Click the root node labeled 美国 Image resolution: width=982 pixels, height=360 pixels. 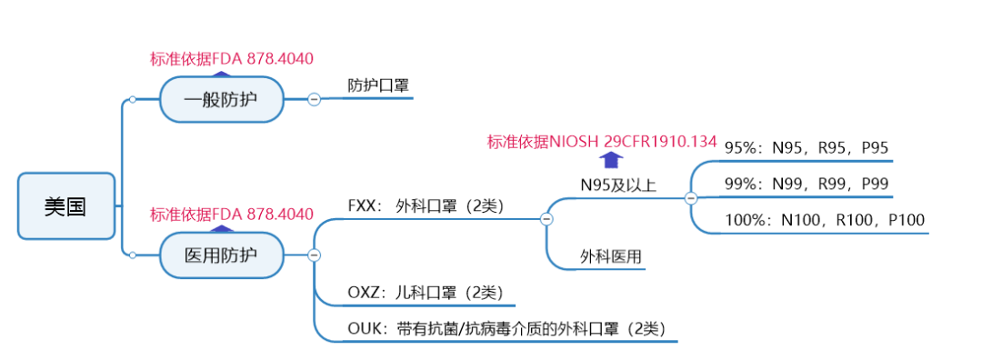pyautogui.click(x=66, y=206)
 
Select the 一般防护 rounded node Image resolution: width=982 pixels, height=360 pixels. pyautogui.click(x=221, y=100)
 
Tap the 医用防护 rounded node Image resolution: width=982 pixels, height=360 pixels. pyautogui.click(x=221, y=255)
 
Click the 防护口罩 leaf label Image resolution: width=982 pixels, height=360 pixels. pyautogui.click(x=378, y=86)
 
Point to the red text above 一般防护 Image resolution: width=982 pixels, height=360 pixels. pyautogui.click(x=232, y=59)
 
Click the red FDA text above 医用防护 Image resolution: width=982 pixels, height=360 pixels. pyautogui.click(x=232, y=215)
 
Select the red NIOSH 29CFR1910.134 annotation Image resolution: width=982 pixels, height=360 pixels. pyautogui.click(x=602, y=142)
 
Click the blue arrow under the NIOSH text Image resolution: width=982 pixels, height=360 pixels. pyautogui.click(x=602, y=160)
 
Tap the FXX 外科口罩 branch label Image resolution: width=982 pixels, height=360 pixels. pyautogui.click(x=426, y=205)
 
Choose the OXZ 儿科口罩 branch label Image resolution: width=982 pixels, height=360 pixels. pyautogui.click(x=424, y=293)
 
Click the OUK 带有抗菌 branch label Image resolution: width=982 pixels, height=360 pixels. pyautogui.click(x=513, y=328)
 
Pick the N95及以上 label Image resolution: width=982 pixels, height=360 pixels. pyautogui.click(x=618, y=185)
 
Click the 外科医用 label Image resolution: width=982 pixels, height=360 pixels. pyautogui.click(x=611, y=257)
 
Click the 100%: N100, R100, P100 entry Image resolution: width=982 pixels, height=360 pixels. pyautogui.click(x=825, y=220)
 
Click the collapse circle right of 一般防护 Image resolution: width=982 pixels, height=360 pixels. pyautogui.click(x=314, y=100)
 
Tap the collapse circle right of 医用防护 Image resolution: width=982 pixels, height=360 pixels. pyautogui.click(x=314, y=255)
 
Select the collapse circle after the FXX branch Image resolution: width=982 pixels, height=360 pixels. pyautogui.click(x=546, y=218)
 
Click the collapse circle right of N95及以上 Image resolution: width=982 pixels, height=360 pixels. pyautogui.click(x=690, y=197)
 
